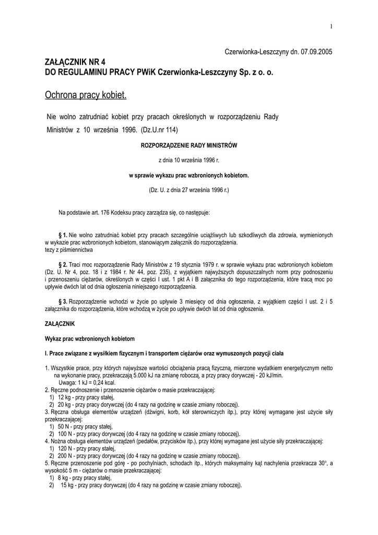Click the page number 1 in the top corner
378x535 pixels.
click(x=332, y=27)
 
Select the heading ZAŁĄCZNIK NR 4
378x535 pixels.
click(x=78, y=62)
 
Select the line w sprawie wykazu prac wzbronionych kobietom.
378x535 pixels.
click(x=188, y=176)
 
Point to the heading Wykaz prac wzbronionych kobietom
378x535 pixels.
click(x=90, y=339)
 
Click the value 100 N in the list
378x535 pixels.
click(x=65, y=434)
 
